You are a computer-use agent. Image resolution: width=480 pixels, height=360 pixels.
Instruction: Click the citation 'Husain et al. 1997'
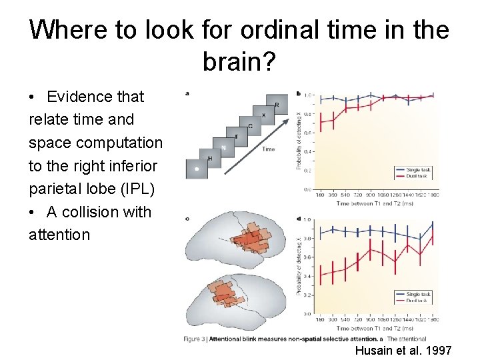(x=403, y=350)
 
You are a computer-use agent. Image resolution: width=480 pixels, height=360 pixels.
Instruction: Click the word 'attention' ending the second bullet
(x=59, y=235)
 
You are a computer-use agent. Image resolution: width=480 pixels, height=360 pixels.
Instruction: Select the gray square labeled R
(x=276, y=105)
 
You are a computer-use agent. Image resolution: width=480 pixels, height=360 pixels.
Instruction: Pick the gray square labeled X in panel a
(x=263, y=116)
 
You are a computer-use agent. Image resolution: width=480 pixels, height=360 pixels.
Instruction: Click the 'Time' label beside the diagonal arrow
(x=268, y=149)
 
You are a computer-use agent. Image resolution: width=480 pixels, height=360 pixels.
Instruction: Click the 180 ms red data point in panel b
(x=322, y=121)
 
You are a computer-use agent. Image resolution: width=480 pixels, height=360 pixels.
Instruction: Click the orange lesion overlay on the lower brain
(x=224, y=294)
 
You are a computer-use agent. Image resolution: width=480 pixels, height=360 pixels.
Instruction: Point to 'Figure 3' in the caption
(x=195, y=339)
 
